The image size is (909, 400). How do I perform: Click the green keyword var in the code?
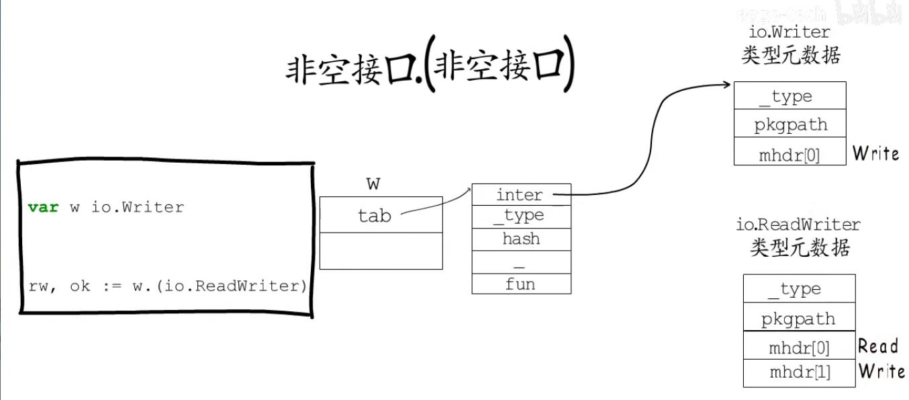pos(43,207)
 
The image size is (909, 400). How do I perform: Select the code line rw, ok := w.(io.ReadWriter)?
pos(167,286)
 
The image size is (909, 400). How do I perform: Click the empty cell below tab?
pos(381,251)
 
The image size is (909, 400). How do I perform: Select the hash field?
pos(521,239)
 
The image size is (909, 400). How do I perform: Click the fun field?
pos(521,284)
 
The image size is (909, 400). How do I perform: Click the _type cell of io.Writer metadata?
pos(790,96)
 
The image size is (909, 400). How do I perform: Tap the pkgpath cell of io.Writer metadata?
pos(790,124)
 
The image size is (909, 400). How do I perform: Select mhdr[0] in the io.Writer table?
pos(790,155)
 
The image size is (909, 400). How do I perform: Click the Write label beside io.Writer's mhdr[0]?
pos(876,153)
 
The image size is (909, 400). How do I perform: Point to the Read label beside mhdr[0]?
pos(877,346)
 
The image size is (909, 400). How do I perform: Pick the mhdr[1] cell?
pos(800,372)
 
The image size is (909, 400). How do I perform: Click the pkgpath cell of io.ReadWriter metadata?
pos(799,319)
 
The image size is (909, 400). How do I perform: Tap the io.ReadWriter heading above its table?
pos(799,224)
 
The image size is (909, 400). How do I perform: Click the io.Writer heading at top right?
pos(790,32)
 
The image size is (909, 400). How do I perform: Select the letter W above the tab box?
pos(374,183)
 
